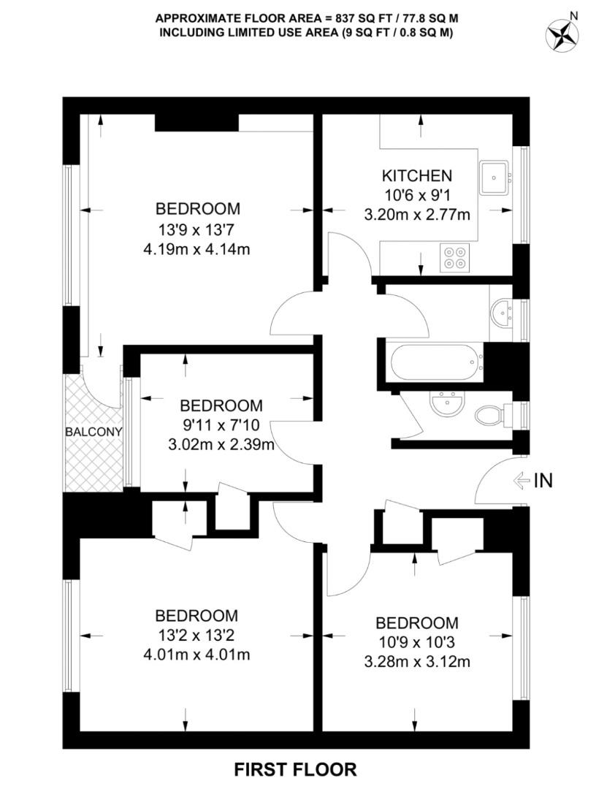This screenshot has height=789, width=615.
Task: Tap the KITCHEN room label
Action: click(417, 175)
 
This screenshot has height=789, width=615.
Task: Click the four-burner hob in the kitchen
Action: click(454, 259)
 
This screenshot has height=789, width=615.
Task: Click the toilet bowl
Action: click(491, 416)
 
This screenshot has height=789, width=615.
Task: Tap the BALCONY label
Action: click(93, 432)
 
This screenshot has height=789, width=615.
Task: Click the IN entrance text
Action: click(543, 480)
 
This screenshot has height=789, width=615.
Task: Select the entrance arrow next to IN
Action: click(522, 480)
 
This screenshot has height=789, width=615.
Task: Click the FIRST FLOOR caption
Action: click(295, 769)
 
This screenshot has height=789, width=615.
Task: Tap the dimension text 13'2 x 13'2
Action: click(196, 635)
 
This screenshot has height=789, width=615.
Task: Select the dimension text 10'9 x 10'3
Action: click(417, 643)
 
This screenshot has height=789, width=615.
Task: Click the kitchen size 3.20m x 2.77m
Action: click(416, 216)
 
